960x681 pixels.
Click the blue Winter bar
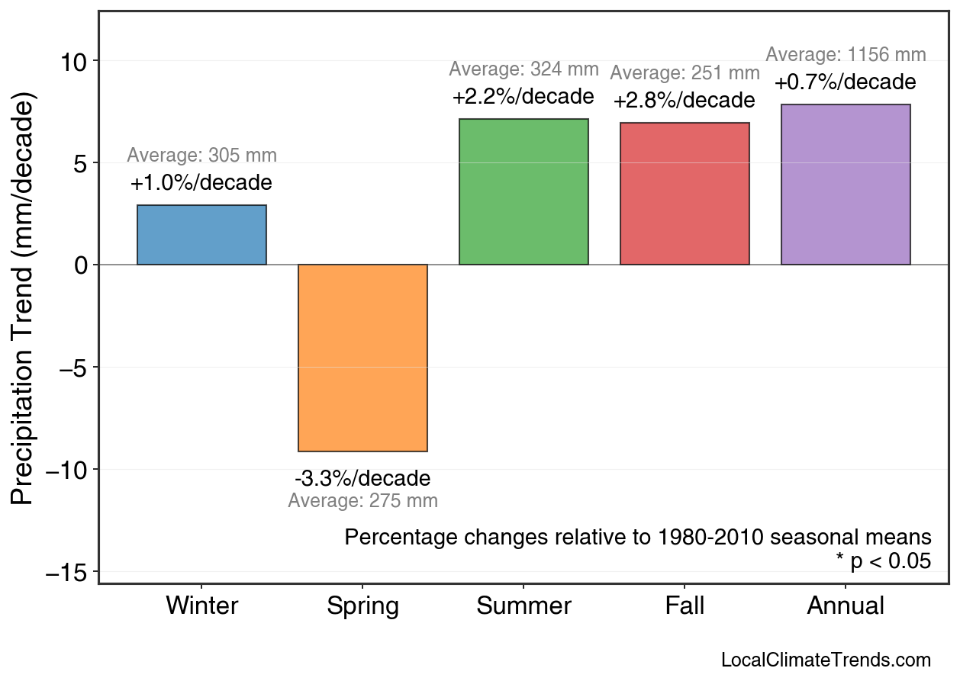click(201, 235)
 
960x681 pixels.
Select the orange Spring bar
click(362, 358)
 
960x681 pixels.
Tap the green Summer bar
click(523, 191)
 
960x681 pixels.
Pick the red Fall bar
click(685, 194)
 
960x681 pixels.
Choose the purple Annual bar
click(846, 185)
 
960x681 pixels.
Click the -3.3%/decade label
click(362, 479)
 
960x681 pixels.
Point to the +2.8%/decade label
click(685, 101)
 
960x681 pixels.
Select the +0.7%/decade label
click(846, 82)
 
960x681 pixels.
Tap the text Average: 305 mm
click(201, 156)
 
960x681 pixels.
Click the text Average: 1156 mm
click(846, 55)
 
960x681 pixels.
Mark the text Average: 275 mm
click(362, 501)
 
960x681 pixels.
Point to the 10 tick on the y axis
click(76, 61)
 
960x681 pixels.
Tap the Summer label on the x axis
click(523, 606)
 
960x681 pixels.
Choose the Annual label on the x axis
click(846, 606)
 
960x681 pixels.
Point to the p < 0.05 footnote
click(883, 561)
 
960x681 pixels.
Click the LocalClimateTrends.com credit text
click(826, 660)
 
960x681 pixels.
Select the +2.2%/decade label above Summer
click(523, 97)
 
